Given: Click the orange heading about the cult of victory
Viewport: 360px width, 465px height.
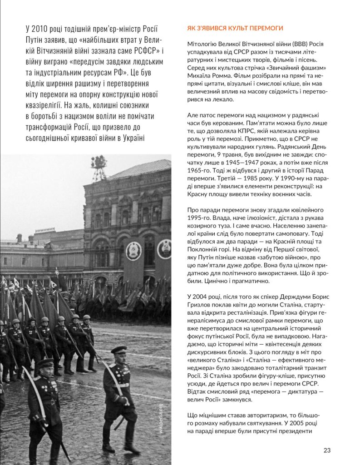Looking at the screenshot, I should [x=235, y=28].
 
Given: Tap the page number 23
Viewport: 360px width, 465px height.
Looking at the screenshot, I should [x=327, y=450].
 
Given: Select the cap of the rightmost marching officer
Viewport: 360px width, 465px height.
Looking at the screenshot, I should [x=118, y=350].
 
